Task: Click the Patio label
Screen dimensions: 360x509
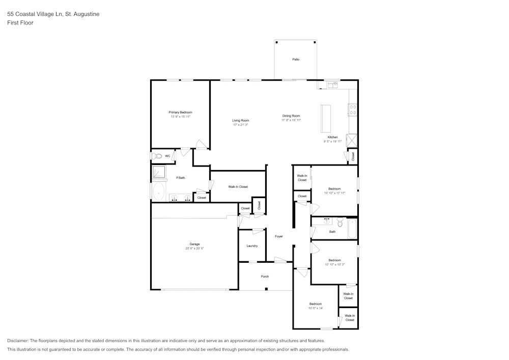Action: tap(296, 60)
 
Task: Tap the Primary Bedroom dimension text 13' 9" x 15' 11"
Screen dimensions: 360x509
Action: tap(181, 117)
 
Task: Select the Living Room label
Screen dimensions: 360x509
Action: tap(240, 120)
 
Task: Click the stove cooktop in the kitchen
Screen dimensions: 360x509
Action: tap(352, 110)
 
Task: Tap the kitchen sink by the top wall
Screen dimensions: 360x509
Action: tap(332, 85)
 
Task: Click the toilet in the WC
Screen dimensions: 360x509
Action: tap(157, 156)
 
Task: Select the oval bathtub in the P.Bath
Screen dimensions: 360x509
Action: tap(158, 192)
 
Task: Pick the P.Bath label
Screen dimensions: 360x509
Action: tap(180, 178)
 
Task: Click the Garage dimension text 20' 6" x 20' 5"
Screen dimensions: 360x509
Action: tap(194, 248)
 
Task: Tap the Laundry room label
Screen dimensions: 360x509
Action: tap(252, 246)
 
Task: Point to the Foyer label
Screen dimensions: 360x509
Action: tap(279, 236)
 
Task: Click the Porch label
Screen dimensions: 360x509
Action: tap(265, 276)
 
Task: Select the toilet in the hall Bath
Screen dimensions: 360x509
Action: tap(340, 222)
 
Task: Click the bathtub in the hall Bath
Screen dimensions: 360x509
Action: tap(352, 229)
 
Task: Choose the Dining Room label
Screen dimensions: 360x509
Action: tap(291, 116)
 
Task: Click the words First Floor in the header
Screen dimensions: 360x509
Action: tap(20, 23)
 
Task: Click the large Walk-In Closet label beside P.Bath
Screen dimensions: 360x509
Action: tap(238, 187)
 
